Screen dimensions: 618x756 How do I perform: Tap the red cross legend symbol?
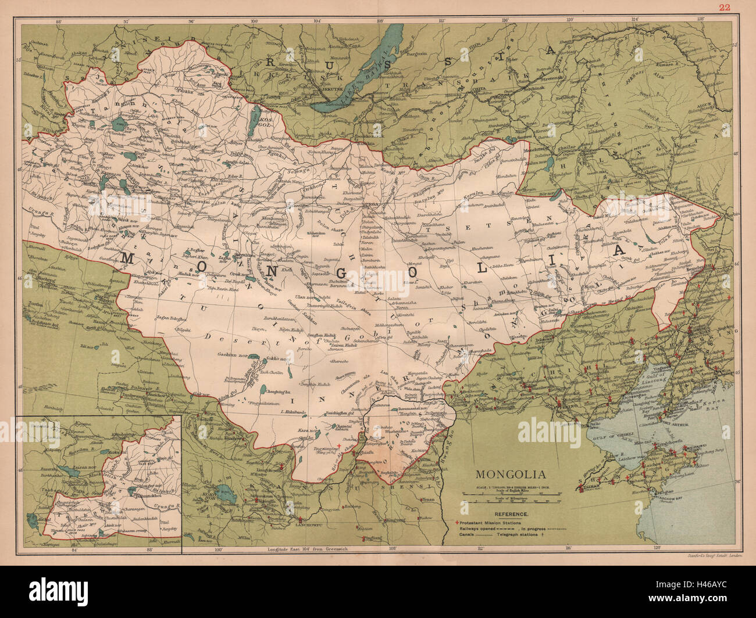pos(458,522)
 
